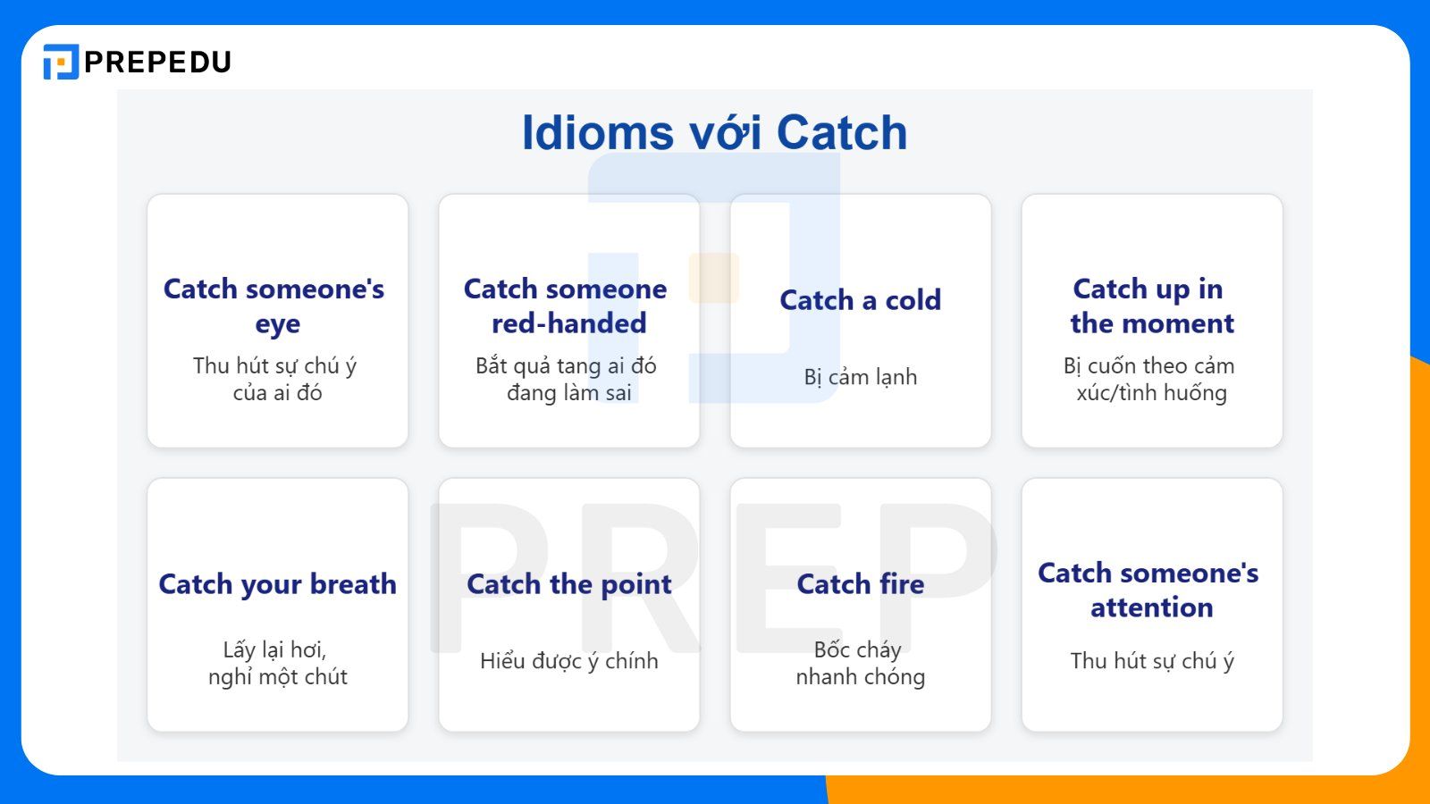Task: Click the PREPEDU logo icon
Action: coord(61,62)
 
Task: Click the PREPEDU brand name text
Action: coord(157,62)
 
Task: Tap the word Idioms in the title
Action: coord(597,133)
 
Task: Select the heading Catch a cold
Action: coord(860,300)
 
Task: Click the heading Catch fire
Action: coord(860,584)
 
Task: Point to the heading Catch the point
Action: coord(568,584)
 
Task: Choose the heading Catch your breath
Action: coord(277,584)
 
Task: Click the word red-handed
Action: coord(568,323)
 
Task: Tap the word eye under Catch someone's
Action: coord(277,324)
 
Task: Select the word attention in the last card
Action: coord(1151,607)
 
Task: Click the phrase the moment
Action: coord(1151,323)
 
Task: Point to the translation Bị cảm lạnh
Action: coord(860,377)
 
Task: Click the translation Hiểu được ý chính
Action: coord(568,661)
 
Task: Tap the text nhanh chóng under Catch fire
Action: coord(860,677)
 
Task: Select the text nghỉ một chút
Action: coord(277,677)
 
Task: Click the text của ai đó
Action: coord(277,393)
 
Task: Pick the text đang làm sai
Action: coord(568,393)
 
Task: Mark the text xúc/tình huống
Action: coord(1151,393)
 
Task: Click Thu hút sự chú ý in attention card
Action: coord(1151,661)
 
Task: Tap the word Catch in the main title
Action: coord(841,133)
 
